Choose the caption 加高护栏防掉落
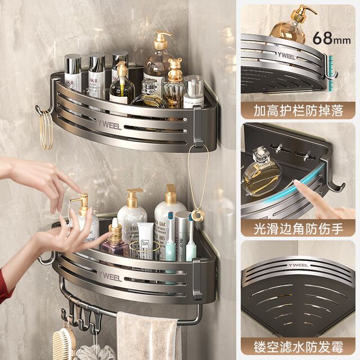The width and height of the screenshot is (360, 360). pos(298,110)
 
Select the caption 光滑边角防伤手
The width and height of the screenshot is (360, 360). pos(298,229)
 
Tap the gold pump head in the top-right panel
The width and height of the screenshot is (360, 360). pos(301,13)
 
